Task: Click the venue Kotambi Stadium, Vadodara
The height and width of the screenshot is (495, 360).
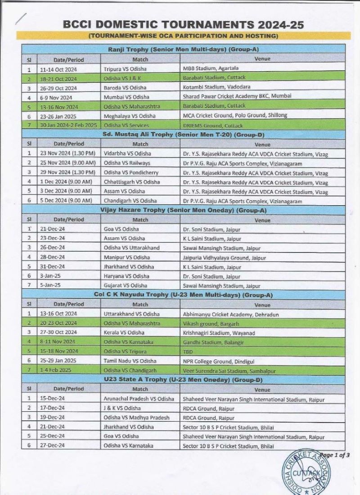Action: [x=211, y=87]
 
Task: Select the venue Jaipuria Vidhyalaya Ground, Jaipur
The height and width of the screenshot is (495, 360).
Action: [x=221, y=257]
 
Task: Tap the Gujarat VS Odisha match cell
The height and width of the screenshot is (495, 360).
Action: [x=122, y=285]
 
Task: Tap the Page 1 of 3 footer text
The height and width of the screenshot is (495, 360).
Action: [x=333, y=455]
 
